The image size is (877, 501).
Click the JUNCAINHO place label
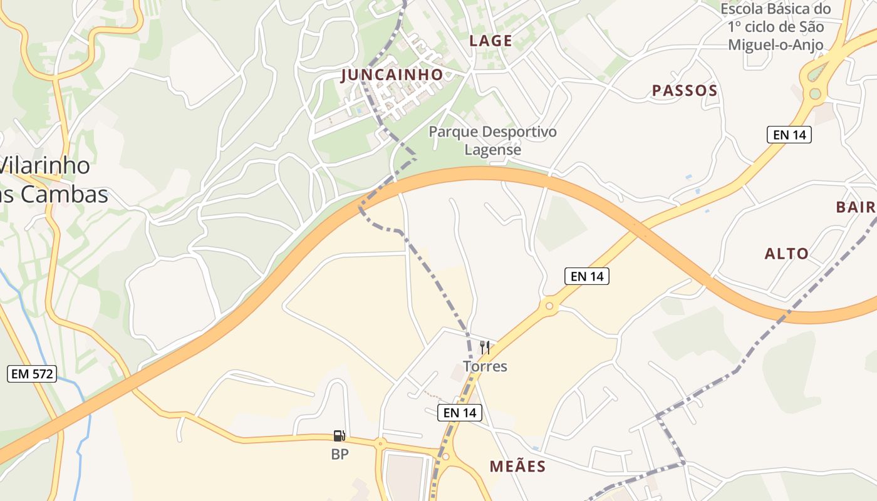(x=392, y=75)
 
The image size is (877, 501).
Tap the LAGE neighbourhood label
(x=491, y=41)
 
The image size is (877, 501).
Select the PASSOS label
(x=685, y=91)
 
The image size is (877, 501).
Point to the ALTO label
(x=787, y=254)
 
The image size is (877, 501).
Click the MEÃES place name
(x=517, y=467)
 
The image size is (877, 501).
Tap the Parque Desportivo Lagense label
(x=492, y=141)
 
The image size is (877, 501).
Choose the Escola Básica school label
(x=776, y=27)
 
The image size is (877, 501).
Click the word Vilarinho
(x=45, y=166)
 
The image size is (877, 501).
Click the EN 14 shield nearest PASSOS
(x=789, y=134)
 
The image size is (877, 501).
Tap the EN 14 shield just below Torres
(x=460, y=412)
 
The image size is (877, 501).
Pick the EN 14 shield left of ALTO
(x=587, y=276)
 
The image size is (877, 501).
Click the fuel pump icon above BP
(x=339, y=435)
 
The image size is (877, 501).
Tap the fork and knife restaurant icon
(x=484, y=348)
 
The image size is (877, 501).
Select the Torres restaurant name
(x=485, y=366)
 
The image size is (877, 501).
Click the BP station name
(x=340, y=455)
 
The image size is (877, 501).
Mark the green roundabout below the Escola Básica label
(x=814, y=94)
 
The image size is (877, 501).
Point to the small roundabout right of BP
(x=380, y=443)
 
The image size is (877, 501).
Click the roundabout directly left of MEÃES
(x=445, y=457)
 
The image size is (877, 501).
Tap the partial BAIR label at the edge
(x=856, y=207)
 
